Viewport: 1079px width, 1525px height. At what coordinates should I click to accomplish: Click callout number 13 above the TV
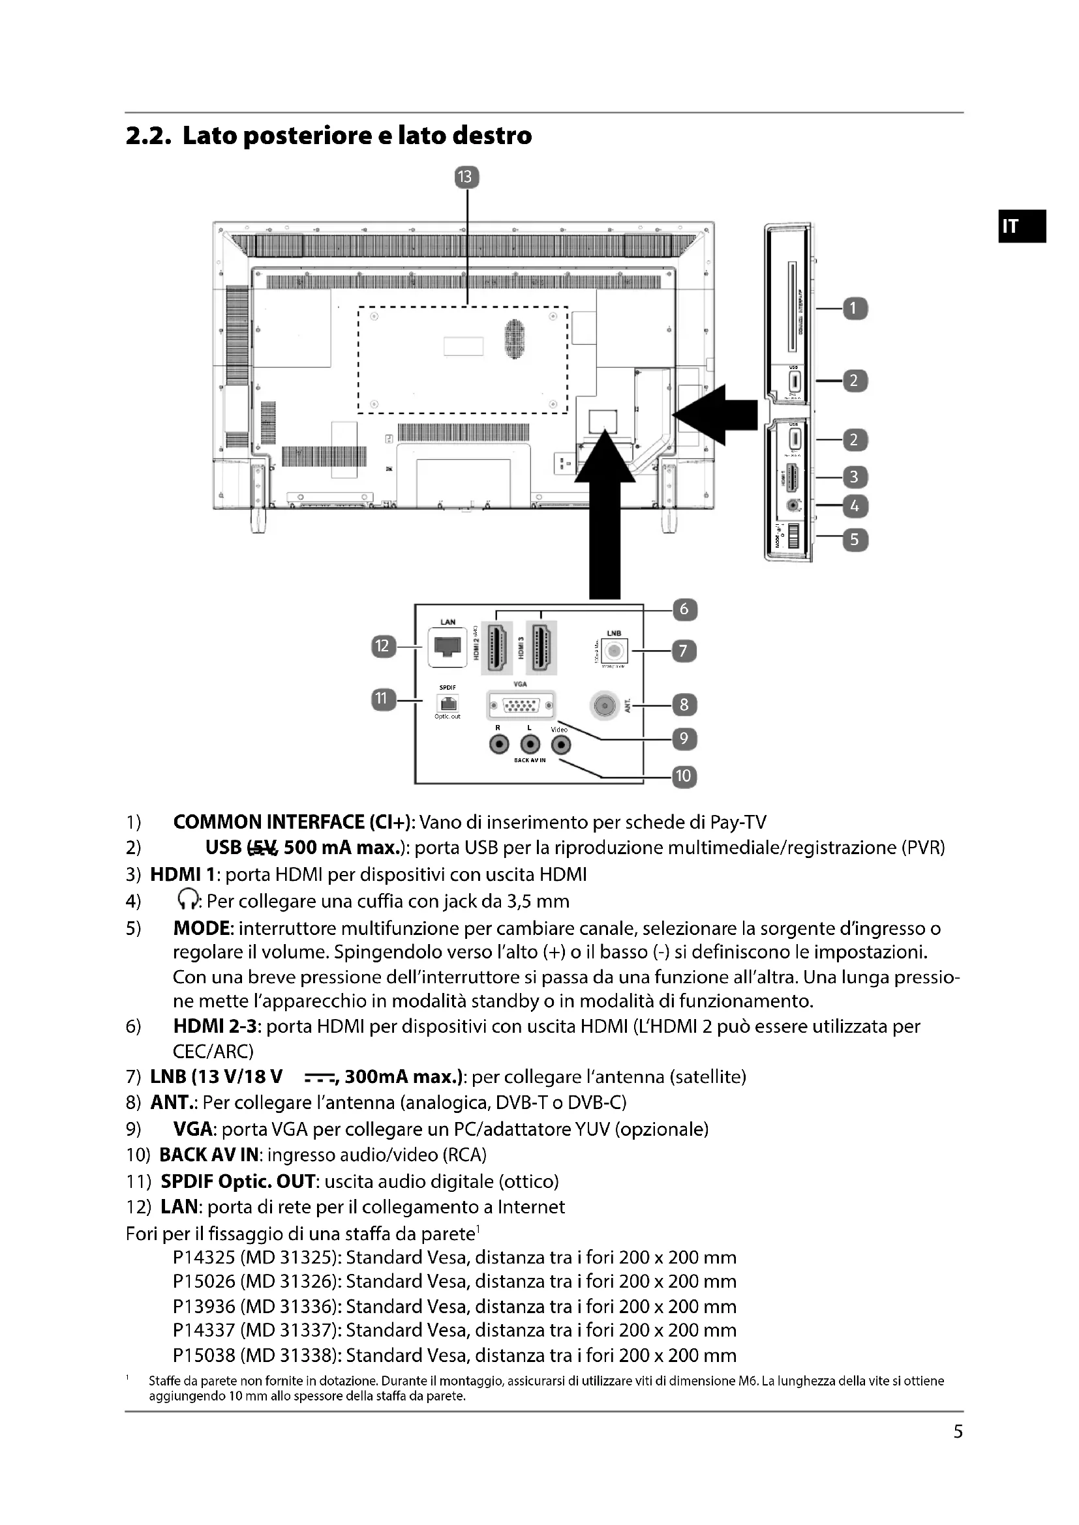pos(466,177)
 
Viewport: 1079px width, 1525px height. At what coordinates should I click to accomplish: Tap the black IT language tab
pos(1022,226)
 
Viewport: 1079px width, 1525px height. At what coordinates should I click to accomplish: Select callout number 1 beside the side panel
pos(855,309)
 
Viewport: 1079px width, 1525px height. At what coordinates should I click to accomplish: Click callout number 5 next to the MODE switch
pos(855,539)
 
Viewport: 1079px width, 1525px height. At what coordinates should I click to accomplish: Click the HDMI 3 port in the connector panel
pos(541,647)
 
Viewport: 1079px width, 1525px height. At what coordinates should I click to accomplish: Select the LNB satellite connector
pos(614,650)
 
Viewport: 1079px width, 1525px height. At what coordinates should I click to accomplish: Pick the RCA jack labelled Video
pos(562,745)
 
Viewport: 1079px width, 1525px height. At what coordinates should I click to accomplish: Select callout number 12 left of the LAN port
pos(383,646)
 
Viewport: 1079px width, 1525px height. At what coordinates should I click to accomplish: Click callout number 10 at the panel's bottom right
pos(684,776)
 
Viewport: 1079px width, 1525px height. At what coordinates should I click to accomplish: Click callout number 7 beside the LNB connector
pos(684,650)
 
